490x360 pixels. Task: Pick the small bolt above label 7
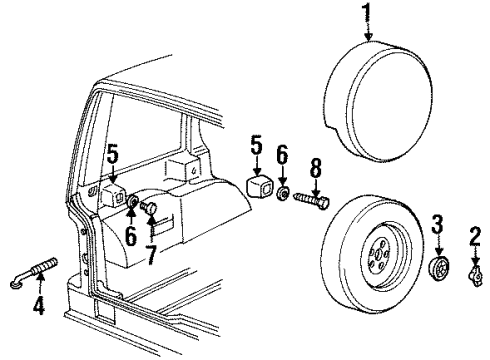pos(151,208)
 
